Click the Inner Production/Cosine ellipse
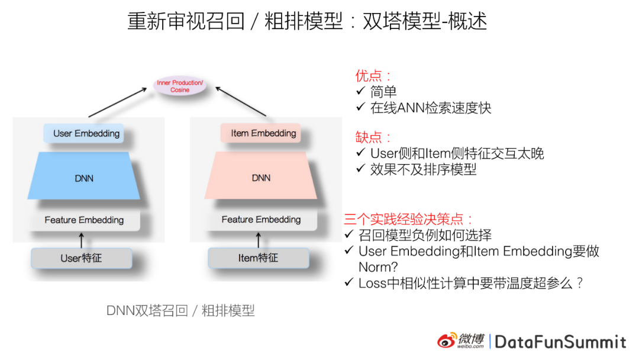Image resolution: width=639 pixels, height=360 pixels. pyautogui.click(x=180, y=86)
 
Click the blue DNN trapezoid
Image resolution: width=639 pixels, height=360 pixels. pyautogui.click(x=84, y=178)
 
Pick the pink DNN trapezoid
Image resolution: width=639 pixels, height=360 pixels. pyautogui.click(x=261, y=178)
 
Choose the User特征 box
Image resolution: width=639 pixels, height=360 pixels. pyautogui.click(x=81, y=258)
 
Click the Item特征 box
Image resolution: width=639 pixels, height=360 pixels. pyautogui.click(x=259, y=258)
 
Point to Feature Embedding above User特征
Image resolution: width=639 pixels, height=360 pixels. pyautogui.click(x=84, y=220)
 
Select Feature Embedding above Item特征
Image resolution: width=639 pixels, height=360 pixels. pyautogui.click(x=261, y=220)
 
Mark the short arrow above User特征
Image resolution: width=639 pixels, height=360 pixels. pyautogui.click(x=82, y=240)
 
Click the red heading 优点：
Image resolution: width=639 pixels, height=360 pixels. pyautogui.click(x=373, y=76)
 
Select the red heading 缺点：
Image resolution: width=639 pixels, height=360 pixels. pyautogui.click(x=373, y=137)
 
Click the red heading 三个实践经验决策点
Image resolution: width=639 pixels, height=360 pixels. pyautogui.click(x=408, y=218)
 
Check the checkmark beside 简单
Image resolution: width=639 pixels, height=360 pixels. pyautogui.click(x=361, y=91)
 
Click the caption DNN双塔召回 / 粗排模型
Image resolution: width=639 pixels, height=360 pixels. pyautogui.click(x=180, y=310)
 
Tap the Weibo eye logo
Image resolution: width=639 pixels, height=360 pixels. pyautogui.click(x=447, y=340)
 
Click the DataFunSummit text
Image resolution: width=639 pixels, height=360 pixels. pyautogui.click(x=560, y=342)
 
